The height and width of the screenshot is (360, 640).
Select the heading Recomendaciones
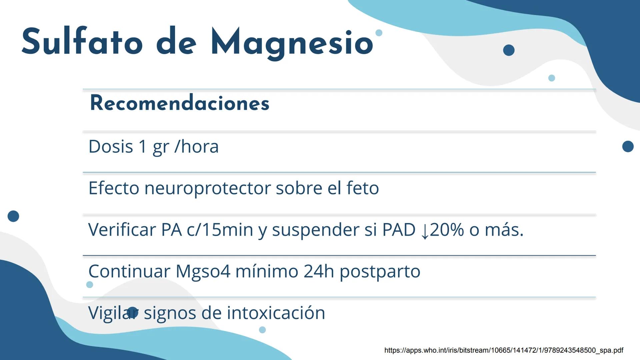[179, 103]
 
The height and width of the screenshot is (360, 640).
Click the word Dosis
[111, 146]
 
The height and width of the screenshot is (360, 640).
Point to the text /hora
[197, 146]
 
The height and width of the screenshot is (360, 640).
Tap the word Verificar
[122, 230]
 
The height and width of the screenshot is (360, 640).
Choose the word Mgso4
[203, 271]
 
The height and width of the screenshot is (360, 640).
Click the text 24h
[319, 271]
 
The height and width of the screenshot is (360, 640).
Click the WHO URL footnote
[504, 350]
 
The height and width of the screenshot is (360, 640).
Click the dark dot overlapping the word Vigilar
[133, 313]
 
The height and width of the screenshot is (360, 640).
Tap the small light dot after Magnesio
[379, 33]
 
